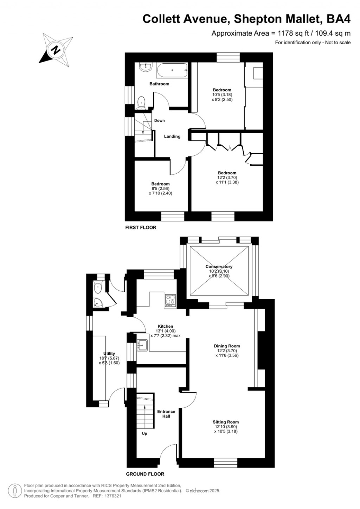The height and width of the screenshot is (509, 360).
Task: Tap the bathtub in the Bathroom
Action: (x=172, y=71)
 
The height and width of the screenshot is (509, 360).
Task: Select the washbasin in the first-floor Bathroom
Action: (x=145, y=66)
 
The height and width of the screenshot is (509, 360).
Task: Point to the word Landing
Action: (x=172, y=136)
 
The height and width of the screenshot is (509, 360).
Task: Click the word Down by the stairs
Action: (x=159, y=121)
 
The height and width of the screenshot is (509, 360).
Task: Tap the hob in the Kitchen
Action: (x=170, y=300)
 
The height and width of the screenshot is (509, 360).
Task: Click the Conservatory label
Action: (x=219, y=267)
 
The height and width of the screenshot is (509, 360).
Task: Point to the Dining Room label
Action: (x=227, y=346)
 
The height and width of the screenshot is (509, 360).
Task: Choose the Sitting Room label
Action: (x=226, y=422)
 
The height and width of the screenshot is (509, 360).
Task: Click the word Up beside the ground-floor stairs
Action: (x=144, y=434)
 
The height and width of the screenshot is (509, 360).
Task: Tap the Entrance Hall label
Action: (x=166, y=414)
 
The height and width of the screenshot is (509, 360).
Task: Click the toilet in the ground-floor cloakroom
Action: (x=98, y=288)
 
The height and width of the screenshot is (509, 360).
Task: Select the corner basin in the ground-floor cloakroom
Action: (x=97, y=302)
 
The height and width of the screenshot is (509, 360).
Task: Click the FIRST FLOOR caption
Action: (x=141, y=228)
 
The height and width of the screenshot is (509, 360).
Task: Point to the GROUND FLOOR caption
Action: (x=145, y=474)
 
